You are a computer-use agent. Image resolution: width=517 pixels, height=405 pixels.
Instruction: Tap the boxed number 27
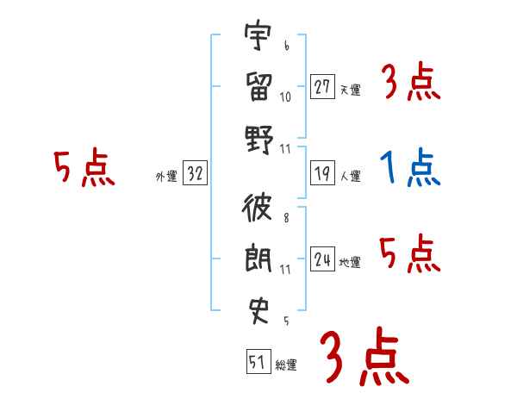coord(323,87)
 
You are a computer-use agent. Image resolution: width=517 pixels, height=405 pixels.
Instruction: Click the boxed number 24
coord(323,259)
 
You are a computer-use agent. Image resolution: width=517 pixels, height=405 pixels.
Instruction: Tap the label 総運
coord(286,365)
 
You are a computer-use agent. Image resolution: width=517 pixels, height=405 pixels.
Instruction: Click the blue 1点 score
coord(409,168)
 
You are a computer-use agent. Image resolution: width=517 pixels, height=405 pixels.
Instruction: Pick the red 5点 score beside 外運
coord(84,168)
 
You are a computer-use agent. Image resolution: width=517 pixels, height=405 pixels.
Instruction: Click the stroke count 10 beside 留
coord(285,97)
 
